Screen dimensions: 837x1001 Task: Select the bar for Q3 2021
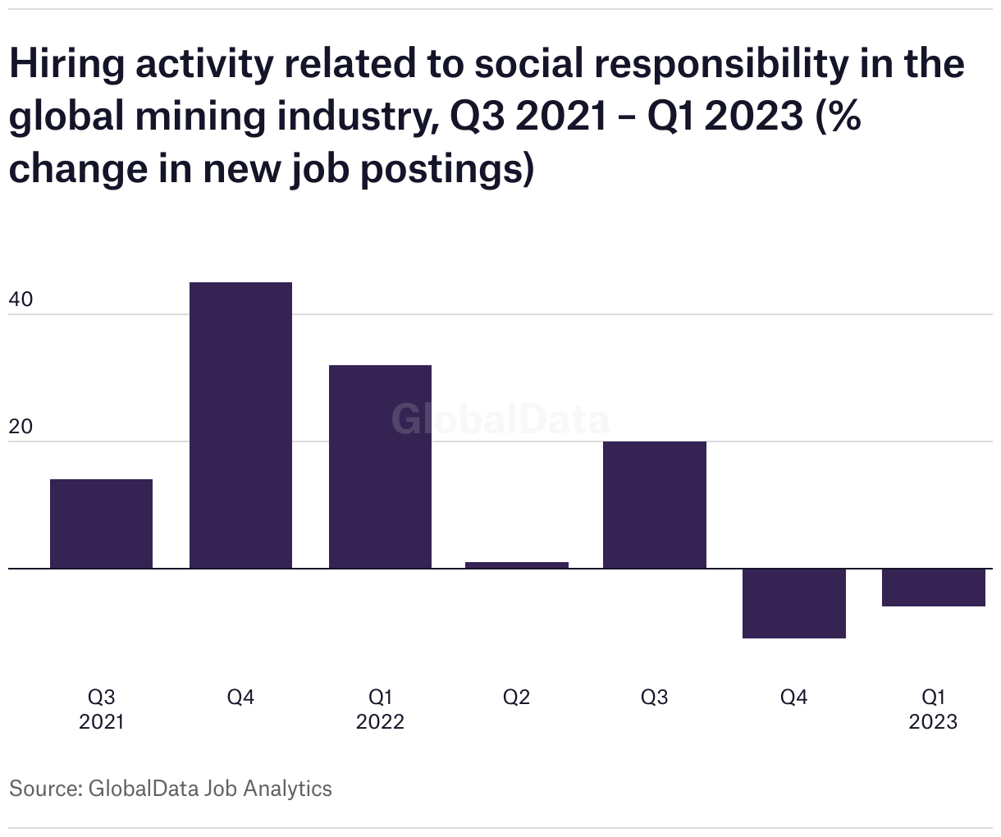[101, 524]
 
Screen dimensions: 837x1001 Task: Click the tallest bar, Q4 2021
[240, 425]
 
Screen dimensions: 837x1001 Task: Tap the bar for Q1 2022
[380, 466]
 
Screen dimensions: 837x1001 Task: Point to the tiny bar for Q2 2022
[517, 565]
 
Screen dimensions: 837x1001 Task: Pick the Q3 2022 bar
[654, 505]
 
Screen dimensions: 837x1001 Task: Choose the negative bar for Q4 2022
[793, 603]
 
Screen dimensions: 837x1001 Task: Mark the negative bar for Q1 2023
[933, 588]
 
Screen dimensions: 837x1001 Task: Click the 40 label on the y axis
[21, 300]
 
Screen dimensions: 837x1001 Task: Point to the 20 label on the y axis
[21, 428]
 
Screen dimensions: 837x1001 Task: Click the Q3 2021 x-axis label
[101, 709]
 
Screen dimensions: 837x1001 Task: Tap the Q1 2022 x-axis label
[380, 709]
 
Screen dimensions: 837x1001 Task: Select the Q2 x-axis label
[517, 697]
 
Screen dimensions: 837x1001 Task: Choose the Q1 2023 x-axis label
[933, 709]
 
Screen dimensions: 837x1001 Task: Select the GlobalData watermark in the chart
[500, 419]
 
